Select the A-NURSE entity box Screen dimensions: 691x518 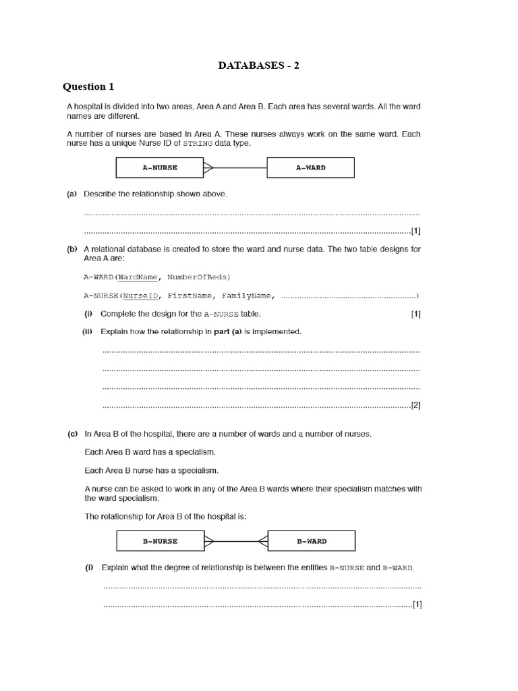click(x=160, y=167)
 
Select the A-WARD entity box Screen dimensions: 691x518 click(x=310, y=167)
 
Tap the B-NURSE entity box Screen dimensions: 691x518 click(x=160, y=541)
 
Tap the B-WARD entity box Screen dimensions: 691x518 click(x=311, y=541)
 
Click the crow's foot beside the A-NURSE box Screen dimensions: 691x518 click(x=208, y=167)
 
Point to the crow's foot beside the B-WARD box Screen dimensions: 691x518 click(x=262, y=541)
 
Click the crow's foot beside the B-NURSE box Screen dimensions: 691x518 click(x=208, y=541)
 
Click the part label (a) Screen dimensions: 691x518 click(x=71, y=194)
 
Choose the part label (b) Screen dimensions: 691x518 click(x=71, y=249)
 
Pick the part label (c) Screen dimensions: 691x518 click(x=72, y=434)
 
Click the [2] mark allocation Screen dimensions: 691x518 click(x=415, y=406)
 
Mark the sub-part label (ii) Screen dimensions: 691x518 click(x=88, y=332)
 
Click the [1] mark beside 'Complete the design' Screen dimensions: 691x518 click(x=415, y=314)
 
